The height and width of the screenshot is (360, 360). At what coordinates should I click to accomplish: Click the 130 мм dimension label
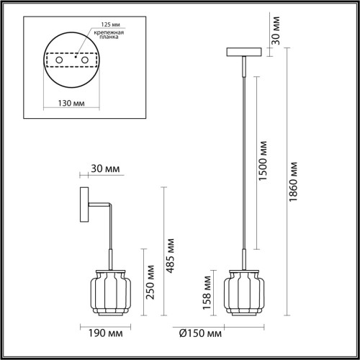point(69,103)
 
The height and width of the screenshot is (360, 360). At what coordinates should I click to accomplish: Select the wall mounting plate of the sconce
point(83,205)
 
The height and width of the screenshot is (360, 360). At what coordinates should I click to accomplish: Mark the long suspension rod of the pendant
point(243,158)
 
